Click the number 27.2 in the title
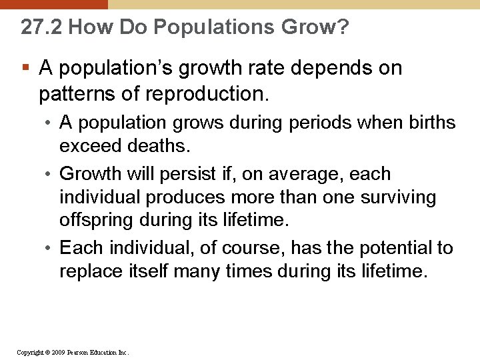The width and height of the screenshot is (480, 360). tap(41, 27)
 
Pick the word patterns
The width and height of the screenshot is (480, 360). tap(77, 93)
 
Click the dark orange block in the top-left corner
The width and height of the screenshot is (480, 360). tap(53, 4)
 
